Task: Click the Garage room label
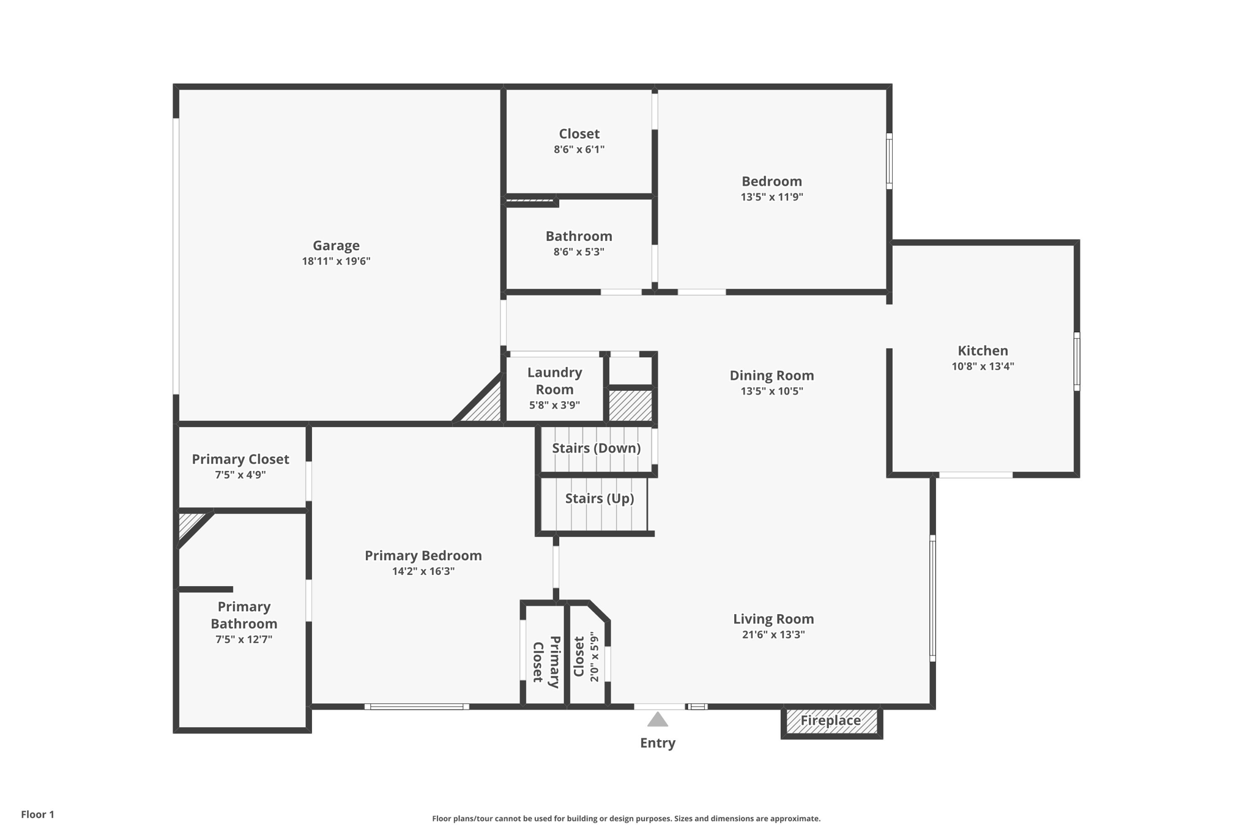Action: [336, 245]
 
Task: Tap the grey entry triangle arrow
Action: [658, 720]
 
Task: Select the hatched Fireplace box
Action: [831, 721]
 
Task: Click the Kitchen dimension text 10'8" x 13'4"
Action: [983, 366]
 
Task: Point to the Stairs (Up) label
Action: [599, 499]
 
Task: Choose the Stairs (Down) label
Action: [596, 448]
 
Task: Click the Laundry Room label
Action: [554, 380]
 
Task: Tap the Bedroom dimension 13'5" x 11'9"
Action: [772, 197]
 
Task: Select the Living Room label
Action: [773, 619]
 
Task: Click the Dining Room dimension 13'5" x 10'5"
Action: [772, 391]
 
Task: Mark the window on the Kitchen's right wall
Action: [1077, 361]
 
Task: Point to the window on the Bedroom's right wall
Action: [889, 161]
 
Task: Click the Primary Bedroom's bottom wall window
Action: [417, 707]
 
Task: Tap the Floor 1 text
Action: [37, 814]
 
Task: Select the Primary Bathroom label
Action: [244, 615]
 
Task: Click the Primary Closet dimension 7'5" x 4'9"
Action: [240, 475]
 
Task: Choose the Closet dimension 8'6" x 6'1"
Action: [579, 149]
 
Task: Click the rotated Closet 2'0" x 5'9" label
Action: [586, 657]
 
